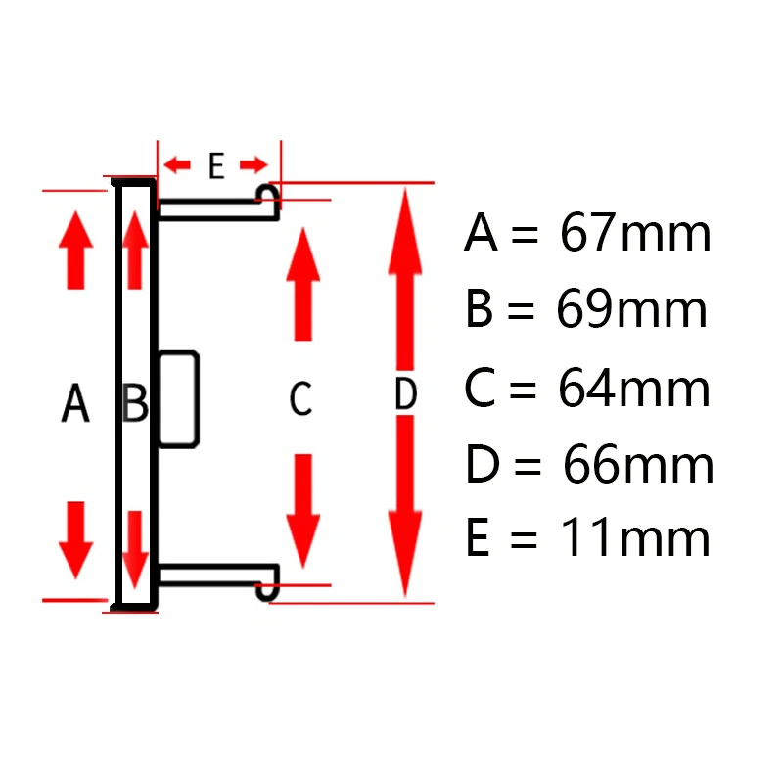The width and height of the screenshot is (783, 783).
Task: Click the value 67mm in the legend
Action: click(635, 235)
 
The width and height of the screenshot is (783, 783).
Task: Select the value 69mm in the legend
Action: click(631, 311)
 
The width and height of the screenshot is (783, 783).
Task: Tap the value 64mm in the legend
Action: click(633, 390)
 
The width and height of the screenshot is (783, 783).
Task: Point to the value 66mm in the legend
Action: click(637, 466)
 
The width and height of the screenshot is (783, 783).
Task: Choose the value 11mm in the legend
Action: click(635, 538)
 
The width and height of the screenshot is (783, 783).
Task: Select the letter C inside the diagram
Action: click(300, 398)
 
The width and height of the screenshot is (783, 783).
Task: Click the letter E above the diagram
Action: click(216, 166)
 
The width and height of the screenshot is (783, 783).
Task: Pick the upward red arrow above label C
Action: click(303, 284)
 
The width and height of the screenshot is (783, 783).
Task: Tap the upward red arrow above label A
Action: click(75, 251)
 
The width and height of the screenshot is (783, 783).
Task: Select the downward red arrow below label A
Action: click(75, 539)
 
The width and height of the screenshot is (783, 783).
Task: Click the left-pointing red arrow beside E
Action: click(177, 164)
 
